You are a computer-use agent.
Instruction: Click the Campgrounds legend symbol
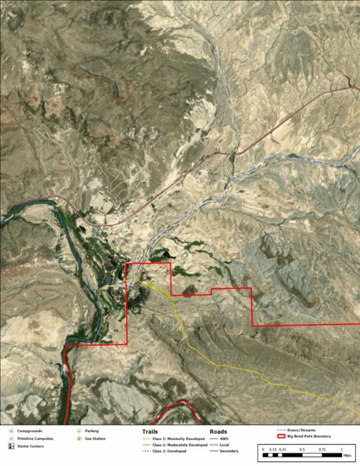tap(11, 431)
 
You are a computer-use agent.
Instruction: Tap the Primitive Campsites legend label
tap(34, 438)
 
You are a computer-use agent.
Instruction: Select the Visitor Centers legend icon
tap(11, 445)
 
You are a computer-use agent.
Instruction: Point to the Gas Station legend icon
tap(79, 438)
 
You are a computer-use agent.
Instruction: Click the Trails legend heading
tap(151, 431)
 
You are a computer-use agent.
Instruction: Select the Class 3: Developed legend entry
tap(169, 452)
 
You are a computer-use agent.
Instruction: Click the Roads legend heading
tap(219, 431)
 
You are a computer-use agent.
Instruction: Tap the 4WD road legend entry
tap(224, 439)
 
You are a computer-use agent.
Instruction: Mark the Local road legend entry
tap(224, 445)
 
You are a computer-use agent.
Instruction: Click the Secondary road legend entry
tap(228, 452)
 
